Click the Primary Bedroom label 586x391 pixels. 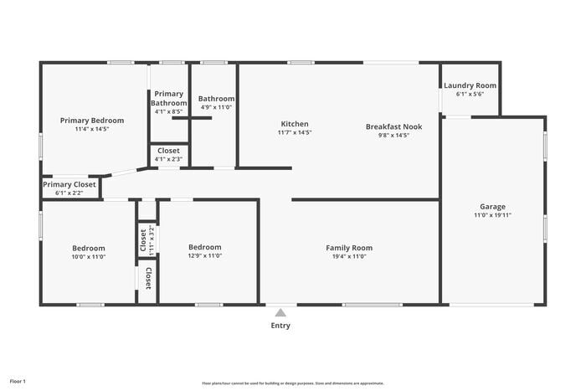pos(92,121)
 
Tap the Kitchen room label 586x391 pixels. pos(295,124)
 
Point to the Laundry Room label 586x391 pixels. pos(470,85)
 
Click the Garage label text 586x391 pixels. pos(492,206)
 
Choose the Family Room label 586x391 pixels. pos(349,248)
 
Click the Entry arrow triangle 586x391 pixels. pos(281,313)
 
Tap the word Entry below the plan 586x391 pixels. pos(281,326)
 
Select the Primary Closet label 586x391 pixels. pos(69,184)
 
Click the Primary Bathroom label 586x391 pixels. pos(169,98)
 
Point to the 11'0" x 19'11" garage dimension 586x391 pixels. pos(492,215)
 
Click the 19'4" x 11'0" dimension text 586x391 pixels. pos(349,257)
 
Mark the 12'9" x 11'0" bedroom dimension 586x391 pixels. pos(205,256)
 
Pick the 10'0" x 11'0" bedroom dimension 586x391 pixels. pos(89,257)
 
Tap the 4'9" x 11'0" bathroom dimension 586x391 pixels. pos(217,107)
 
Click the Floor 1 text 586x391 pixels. pos(18,382)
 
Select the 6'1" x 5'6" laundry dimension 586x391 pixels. pos(470,95)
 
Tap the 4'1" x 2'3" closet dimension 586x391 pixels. pos(169,159)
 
